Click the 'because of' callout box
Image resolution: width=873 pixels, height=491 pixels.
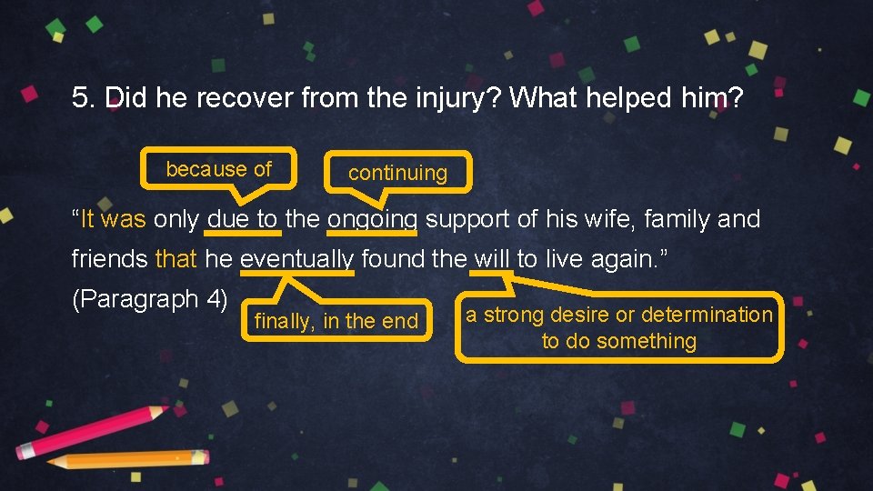point(219,169)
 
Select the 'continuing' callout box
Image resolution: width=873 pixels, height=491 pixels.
point(397,173)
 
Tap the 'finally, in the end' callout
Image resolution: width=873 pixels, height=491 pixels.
point(336,321)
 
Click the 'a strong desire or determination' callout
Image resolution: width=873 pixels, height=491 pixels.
point(618,327)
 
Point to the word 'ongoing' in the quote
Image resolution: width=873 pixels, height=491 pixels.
point(373,219)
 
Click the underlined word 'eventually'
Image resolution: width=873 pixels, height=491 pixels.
point(296,259)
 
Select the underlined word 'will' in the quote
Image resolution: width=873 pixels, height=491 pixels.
point(492,259)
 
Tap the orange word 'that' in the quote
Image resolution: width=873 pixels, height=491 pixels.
point(176,259)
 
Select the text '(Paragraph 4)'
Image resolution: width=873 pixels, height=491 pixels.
point(149,299)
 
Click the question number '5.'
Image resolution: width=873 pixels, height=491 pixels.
point(85,98)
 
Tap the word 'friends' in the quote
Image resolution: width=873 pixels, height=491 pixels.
point(110,259)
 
